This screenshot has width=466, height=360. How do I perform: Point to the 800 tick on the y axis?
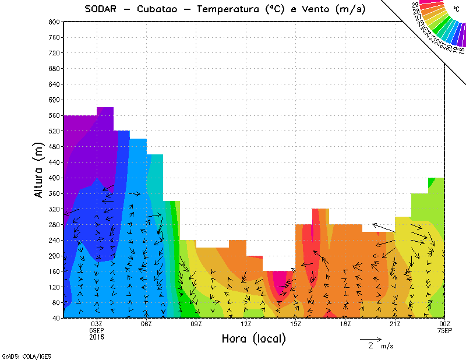point(54,22)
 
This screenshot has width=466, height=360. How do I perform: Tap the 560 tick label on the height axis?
point(54,115)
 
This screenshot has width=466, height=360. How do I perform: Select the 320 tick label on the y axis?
point(54,209)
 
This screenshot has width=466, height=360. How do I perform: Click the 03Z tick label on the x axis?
point(97,324)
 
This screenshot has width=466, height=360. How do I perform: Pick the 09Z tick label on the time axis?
point(196,324)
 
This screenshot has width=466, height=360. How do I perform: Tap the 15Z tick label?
point(296,324)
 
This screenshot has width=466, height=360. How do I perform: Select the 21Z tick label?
point(396,324)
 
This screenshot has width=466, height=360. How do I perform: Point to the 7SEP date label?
point(445,330)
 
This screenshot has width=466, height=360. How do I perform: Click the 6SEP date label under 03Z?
point(97,330)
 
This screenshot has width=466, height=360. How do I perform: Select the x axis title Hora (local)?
point(253,338)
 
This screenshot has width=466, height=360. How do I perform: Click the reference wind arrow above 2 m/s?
point(370,338)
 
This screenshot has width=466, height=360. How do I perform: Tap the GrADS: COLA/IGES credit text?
point(22,355)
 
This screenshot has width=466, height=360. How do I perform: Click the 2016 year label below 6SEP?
point(97,337)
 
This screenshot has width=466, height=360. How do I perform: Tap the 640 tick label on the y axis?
point(54,84)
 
